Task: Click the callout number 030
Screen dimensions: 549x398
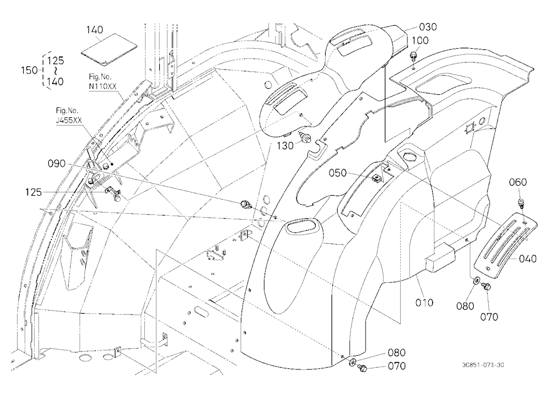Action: pyautogui.click(x=428, y=27)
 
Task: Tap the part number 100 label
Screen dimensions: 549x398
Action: pyautogui.click(x=420, y=41)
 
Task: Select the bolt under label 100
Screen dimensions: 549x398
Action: pyautogui.click(x=414, y=56)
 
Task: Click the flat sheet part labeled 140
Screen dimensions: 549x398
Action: pyautogui.click(x=109, y=50)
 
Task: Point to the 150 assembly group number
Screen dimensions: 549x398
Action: pyautogui.click(x=30, y=70)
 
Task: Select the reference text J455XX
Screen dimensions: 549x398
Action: pyautogui.click(x=69, y=120)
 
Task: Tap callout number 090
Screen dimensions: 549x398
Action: pyautogui.click(x=57, y=163)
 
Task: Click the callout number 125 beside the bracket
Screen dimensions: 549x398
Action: pyautogui.click(x=33, y=192)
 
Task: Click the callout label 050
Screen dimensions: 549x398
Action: pyautogui.click(x=338, y=173)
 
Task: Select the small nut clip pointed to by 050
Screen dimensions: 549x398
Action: pyautogui.click(x=377, y=179)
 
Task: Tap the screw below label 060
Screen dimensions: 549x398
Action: pyautogui.click(x=521, y=203)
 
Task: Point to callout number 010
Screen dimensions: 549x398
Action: pyautogui.click(x=424, y=303)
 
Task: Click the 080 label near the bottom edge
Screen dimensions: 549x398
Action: pyautogui.click(x=397, y=352)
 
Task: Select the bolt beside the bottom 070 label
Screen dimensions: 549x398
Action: pyautogui.click(x=361, y=367)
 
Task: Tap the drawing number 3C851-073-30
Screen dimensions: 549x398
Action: pyautogui.click(x=483, y=365)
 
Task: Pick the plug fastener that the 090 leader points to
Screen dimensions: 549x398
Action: pyautogui.click(x=245, y=204)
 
